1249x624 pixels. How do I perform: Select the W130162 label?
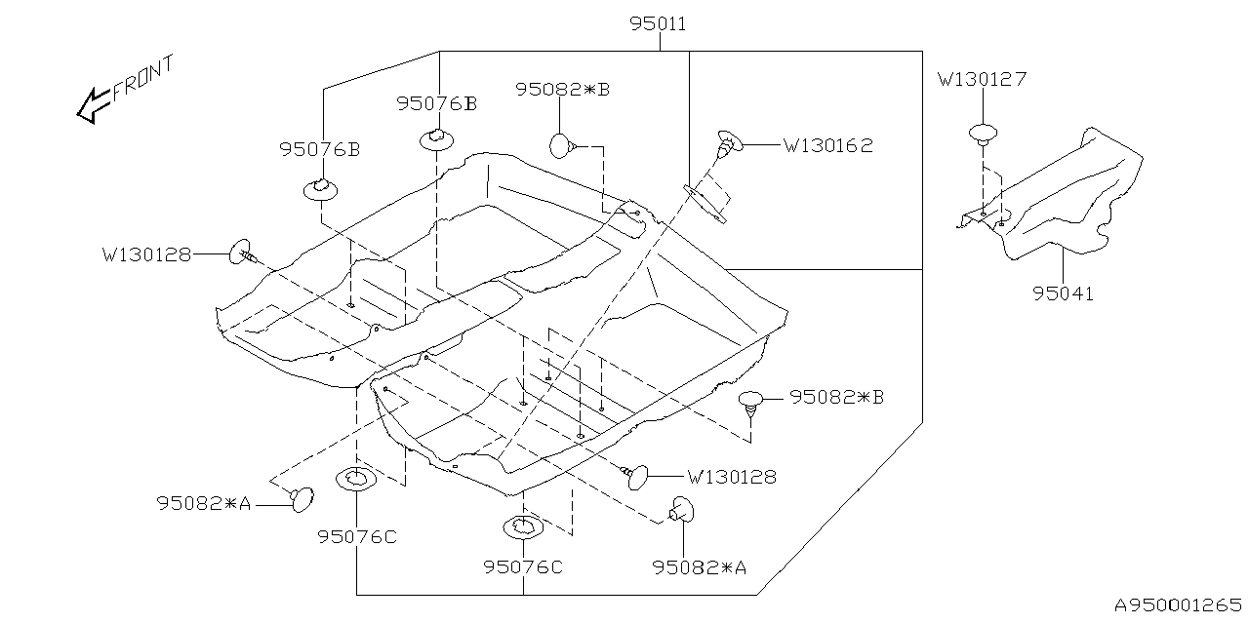(827, 145)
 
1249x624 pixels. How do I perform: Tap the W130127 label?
(982, 79)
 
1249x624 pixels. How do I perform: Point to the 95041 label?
(1063, 292)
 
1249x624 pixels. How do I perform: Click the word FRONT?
(143, 78)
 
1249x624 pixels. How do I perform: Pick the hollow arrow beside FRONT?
(94, 104)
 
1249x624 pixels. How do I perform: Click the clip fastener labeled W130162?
(729, 142)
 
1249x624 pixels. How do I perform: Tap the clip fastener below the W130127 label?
(984, 134)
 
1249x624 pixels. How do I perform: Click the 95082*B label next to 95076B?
(562, 89)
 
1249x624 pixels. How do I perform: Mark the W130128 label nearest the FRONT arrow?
(146, 255)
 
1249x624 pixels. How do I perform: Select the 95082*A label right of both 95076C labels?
(700, 566)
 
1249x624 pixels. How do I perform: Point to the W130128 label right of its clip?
(732, 477)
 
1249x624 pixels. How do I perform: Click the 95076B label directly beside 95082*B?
(436, 103)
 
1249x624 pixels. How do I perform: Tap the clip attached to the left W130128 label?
(243, 253)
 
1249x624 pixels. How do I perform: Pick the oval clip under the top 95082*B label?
(561, 146)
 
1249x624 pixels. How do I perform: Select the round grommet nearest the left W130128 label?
(320, 188)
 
